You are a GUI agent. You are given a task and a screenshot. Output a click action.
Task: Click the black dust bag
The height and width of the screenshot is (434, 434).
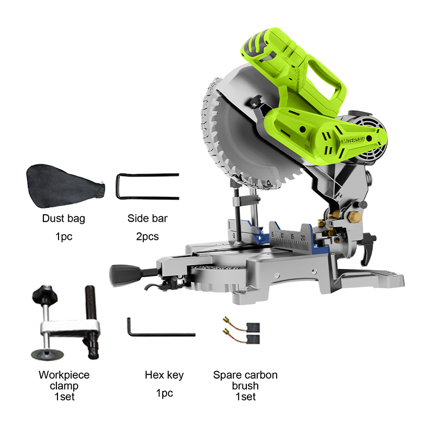pyautogui.click(x=63, y=186)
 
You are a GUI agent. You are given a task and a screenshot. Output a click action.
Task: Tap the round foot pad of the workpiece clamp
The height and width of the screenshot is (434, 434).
pyautogui.click(x=47, y=354)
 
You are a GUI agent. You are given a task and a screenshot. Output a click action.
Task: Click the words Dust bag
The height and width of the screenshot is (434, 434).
pyautogui.click(x=63, y=219)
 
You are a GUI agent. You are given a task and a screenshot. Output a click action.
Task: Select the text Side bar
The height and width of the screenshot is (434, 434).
pyautogui.click(x=147, y=219)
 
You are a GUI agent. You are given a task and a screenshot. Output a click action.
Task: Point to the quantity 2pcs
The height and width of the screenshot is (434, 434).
pyautogui.click(x=147, y=237)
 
